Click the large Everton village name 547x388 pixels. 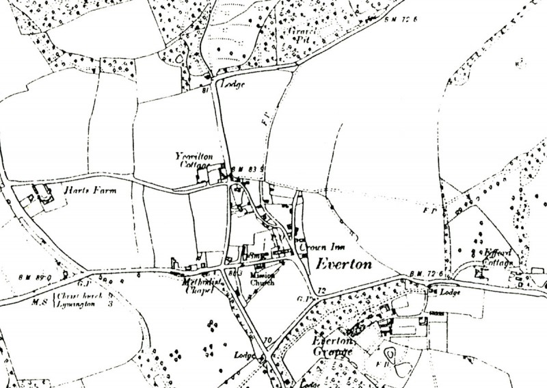[341, 264]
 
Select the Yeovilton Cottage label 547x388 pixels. [193, 161]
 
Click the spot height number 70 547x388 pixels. [266, 339]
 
